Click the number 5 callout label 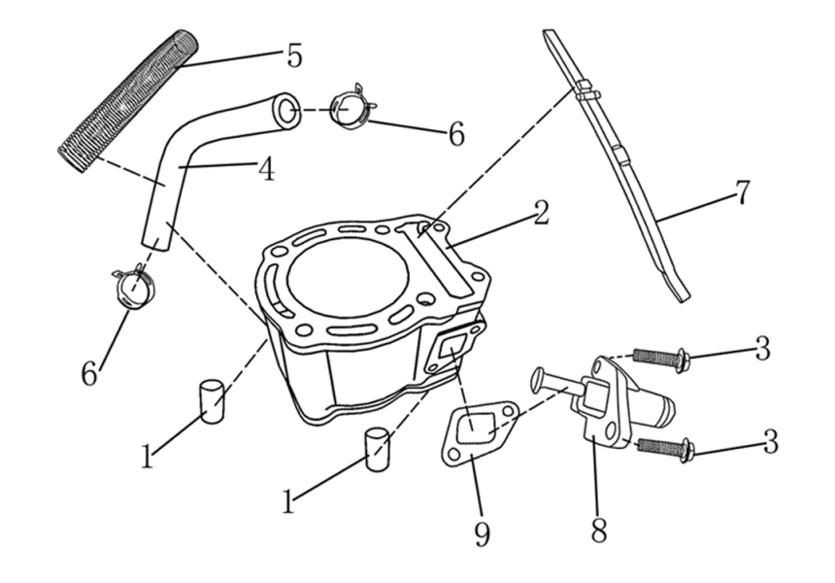click(x=294, y=55)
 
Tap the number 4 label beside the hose click(x=264, y=170)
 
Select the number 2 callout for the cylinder click(x=540, y=213)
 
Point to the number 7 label click(x=741, y=193)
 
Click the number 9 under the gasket click(x=483, y=533)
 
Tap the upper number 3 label click(x=763, y=348)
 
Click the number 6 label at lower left click(x=89, y=373)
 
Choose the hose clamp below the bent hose click(x=133, y=286)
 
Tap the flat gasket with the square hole click(x=473, y=431)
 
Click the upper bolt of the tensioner click(x=660, y=359)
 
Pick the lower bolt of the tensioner click(x=662, y=447)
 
